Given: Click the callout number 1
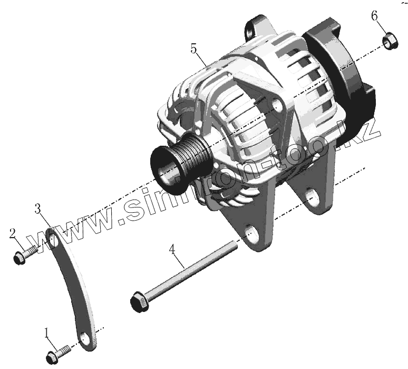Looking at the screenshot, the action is [47, 333].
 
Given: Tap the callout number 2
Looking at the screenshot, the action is [13, 234].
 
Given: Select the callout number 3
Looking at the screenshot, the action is [38, 209].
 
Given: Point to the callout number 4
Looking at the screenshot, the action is [172, 249].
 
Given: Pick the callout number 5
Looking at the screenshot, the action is [193, 49].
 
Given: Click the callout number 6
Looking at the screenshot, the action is [374, 16].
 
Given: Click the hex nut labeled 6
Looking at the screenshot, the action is [390, 41].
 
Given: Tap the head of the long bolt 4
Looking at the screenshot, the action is [140, 302].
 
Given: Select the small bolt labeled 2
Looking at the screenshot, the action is [26, 254].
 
